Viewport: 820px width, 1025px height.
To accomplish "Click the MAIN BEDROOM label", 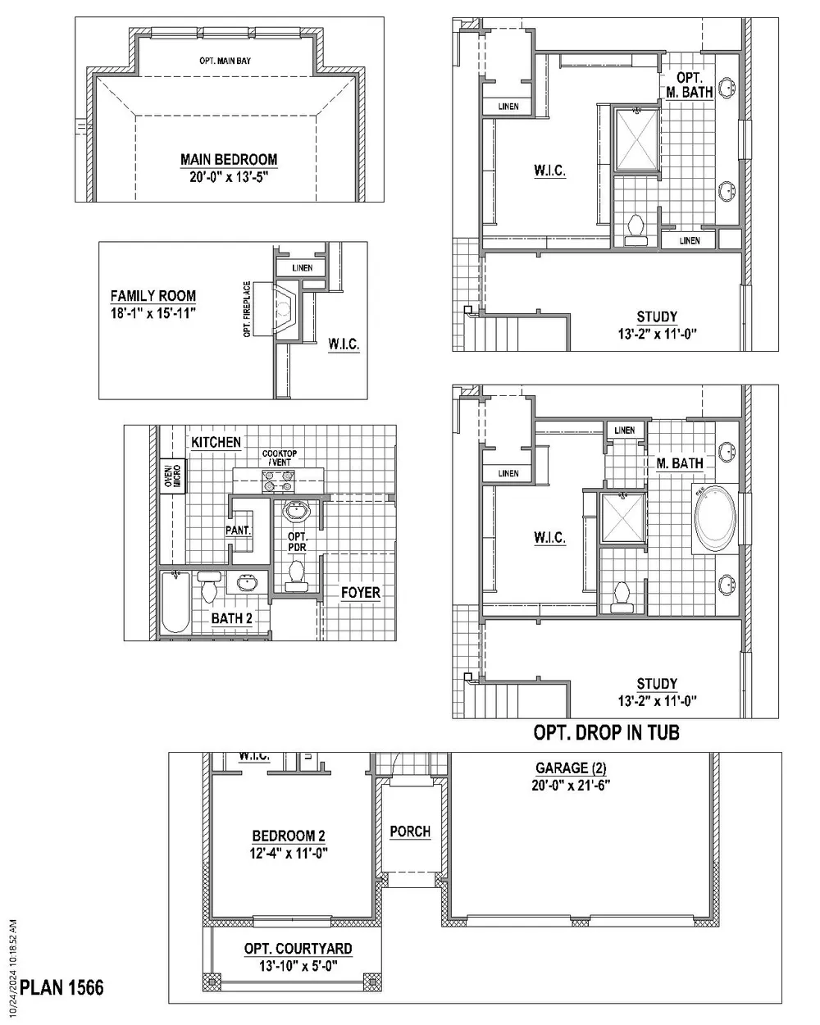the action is coord(229,159).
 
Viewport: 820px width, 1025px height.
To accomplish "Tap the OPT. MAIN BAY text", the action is coord(225,61).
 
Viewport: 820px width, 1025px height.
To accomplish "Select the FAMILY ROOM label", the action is coord(153,296).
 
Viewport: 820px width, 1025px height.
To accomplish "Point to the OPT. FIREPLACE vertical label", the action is coord(247,309).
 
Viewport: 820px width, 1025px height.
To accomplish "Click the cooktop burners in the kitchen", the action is coord(278,481).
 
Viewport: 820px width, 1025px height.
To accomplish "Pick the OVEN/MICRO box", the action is coord(172,476).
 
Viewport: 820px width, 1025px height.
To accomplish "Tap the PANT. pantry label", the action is coord(239,530).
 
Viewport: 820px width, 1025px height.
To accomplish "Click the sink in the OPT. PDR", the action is coord(297,511).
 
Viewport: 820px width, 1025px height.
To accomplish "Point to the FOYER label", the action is coord(361,593).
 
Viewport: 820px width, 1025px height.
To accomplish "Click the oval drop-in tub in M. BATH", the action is coord(715,518).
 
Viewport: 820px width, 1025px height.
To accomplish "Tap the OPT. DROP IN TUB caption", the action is coord(606,732).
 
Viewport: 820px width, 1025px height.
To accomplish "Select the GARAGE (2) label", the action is coord(571,768).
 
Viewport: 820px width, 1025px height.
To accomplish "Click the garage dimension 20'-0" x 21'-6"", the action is coord(571,785).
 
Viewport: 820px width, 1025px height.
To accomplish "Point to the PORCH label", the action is coord(410,831).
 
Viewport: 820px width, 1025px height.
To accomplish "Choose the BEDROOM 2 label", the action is coord(289,836).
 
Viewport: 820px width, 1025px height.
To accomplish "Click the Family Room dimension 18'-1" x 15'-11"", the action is coord(153,313).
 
